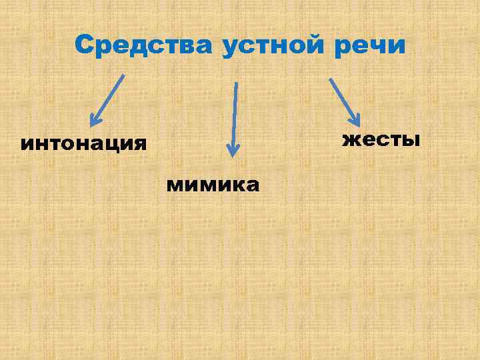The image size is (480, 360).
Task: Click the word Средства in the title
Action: coord(143,45)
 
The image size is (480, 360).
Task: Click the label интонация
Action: coord(83,144)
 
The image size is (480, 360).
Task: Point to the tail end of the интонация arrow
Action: coord(123,75)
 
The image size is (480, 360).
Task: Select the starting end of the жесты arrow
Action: coord(329,78)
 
